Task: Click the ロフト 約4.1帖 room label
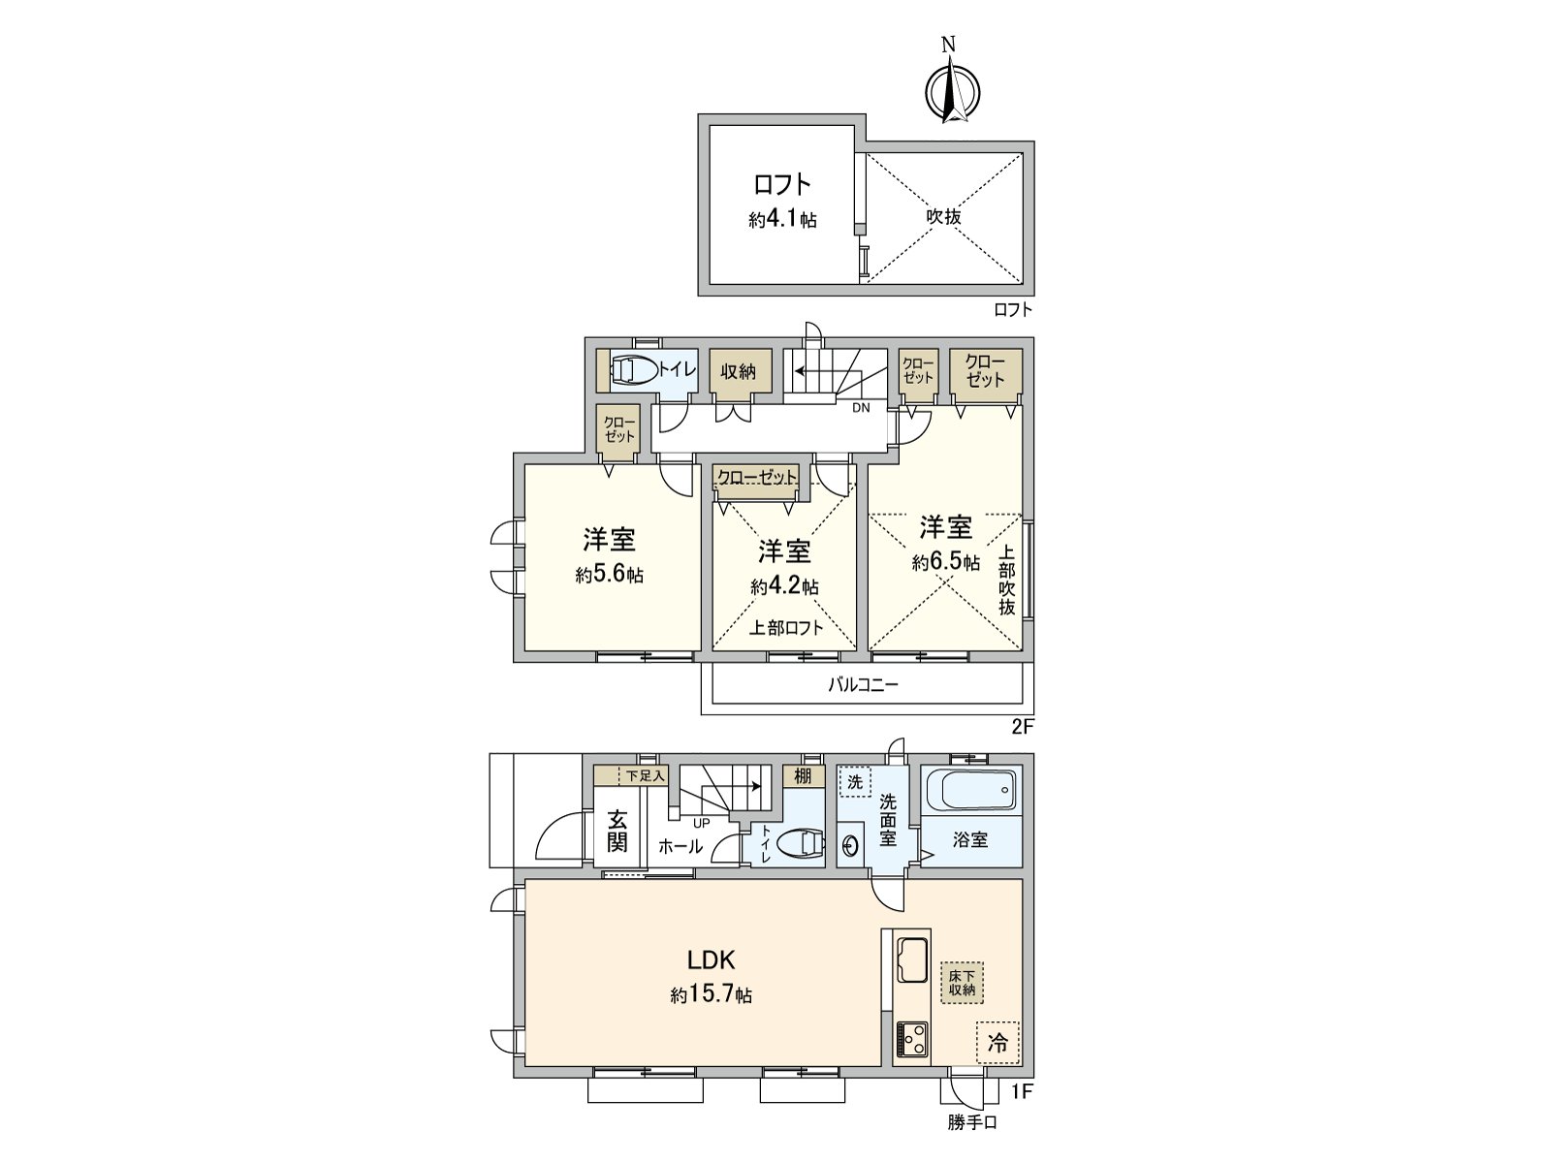(781, 202)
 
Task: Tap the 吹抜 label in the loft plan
(942, 216)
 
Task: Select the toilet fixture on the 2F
(633, 371)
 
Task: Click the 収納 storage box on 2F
(739, 371)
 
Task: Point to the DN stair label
(861, 408)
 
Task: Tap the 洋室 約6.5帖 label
(945, 543)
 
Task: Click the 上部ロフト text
(785, 628)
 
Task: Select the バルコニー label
(863, 685)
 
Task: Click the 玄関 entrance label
(617, 832)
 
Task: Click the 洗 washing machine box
(855, 780)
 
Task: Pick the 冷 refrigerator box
(998, 1043)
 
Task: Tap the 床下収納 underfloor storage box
(961, 983)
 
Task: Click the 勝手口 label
(972, 1123)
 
